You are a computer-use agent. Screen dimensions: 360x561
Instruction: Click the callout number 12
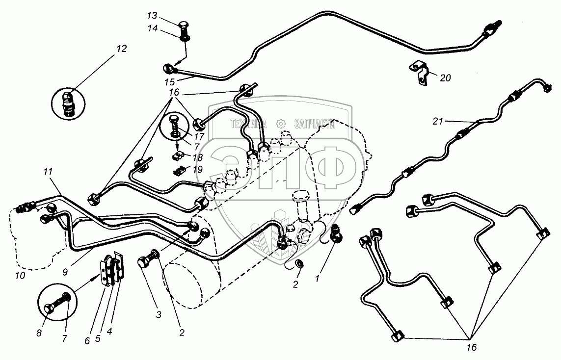[x=121, y=49]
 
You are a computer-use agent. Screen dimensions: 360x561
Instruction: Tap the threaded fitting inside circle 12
[x=68, y=103]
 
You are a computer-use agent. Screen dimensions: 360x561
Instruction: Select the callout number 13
[x=153, y=16]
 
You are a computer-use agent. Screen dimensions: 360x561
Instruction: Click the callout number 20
[x=445, y=77]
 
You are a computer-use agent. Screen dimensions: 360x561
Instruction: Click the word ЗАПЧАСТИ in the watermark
[x=315, y=124]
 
